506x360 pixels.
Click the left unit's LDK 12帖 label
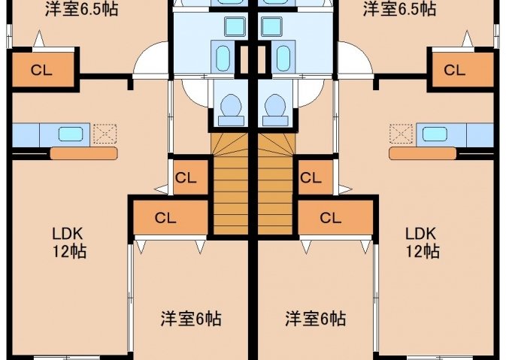69,242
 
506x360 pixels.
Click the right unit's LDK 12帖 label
422,242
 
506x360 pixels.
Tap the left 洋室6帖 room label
191,319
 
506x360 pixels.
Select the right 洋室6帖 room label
315,319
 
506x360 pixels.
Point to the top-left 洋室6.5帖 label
81,9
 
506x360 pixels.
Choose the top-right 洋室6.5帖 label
399,9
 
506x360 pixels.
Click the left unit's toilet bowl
231,110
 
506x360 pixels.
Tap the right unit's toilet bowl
275,110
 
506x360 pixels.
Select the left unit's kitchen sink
71,135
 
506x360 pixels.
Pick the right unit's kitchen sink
435,135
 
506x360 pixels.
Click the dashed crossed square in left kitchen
105,134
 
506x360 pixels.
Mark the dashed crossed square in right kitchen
401,134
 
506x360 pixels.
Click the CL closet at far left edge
43,70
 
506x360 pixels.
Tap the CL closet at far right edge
462,70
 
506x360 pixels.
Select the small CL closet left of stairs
190,177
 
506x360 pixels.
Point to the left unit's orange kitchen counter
84,153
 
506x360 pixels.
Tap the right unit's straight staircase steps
275,195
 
